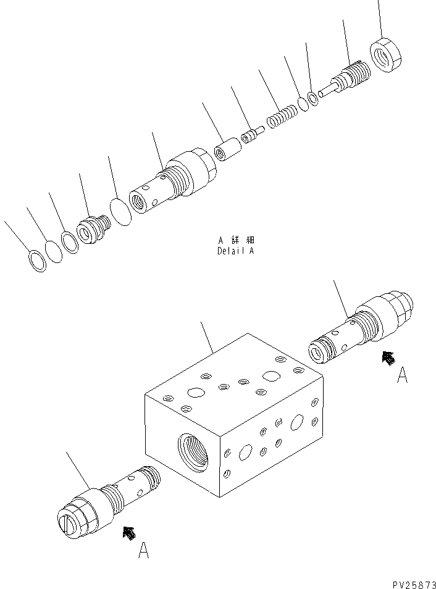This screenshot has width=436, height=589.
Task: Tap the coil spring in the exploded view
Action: click(x=282, y=115)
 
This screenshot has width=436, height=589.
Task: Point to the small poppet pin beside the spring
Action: click(x=251, y=135)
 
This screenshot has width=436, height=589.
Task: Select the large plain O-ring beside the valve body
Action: click(x=120, y=212)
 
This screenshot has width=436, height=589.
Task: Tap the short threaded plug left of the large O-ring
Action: click(x=93, y=228)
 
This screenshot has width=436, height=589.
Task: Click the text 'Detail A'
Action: click(x=235, y=251)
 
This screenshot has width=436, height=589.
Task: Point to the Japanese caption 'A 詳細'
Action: click(x=235, y=240)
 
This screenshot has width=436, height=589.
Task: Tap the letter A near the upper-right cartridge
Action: click(x=402, y=375)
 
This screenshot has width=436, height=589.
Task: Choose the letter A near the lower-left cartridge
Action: click(x=143, y=549)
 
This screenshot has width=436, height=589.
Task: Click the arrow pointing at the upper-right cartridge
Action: click(x=387, y=357)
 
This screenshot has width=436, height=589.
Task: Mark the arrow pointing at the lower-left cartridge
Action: click(x=129, y=532)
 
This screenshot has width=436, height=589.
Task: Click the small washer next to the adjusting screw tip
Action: click(x=314, y=98)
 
